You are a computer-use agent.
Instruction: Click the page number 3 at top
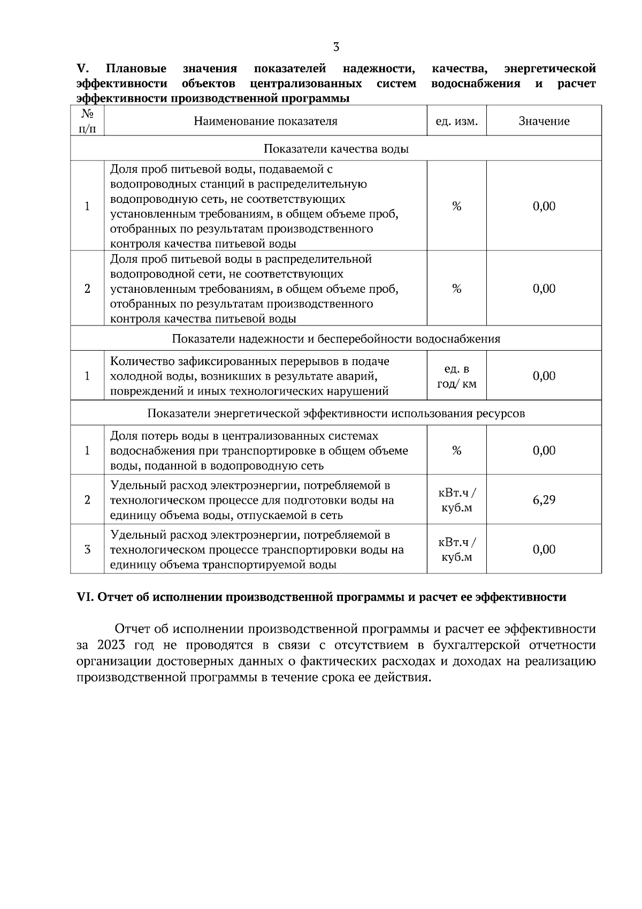pos(336,47)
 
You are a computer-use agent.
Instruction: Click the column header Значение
pos(544,121)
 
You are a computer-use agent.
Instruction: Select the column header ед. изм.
pos(456,121)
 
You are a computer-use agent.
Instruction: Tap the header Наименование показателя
pos(265,121)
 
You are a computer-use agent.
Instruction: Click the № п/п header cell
pos(87,121)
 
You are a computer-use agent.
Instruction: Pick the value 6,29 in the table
pos(544,500)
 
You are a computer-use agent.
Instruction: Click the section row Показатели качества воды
pos(336,149)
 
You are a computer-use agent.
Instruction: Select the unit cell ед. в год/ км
pos(456,376)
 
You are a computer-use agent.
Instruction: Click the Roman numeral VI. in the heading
pos(85,597)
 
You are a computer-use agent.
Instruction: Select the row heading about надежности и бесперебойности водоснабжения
pos(336,339)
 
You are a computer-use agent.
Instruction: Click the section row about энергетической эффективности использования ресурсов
pos(336,414)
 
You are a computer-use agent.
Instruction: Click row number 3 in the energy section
pos(87,550)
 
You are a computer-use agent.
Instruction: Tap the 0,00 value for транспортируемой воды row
pos(544,550)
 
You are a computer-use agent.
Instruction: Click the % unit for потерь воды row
pos(456,451)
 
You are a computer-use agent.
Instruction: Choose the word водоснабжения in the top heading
pos(476,84)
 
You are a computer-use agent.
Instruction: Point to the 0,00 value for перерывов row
pos(544,376)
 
